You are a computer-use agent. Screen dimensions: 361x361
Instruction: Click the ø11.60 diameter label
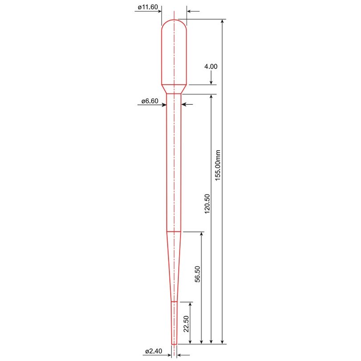click(x=148, y=7)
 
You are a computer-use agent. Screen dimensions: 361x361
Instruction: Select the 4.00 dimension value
click(x=211, y=66)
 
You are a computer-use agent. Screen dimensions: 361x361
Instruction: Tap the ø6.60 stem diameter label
click(x=150, y=101)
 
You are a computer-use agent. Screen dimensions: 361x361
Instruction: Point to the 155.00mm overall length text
click(x=217, y=165)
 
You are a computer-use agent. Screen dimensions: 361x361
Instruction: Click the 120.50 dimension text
click(x=207, y=204)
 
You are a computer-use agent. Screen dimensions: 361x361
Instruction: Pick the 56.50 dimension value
click(x=197, y=274)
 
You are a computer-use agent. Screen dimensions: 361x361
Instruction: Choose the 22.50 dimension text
click(x=186, y=324)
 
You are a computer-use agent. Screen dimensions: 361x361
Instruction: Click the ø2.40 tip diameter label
click(x=154, y=351)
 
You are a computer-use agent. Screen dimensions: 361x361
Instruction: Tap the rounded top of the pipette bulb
click(x=174, y=21)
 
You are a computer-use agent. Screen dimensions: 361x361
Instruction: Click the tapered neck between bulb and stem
click(x=174, y=89)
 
